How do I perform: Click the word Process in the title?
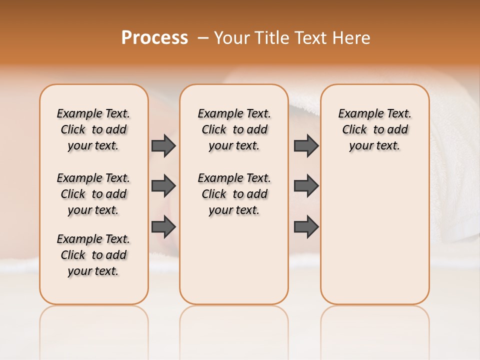[154, 37]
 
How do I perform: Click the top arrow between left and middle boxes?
[163, 145]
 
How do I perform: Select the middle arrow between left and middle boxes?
[163, 186]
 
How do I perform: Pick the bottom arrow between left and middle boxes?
[163, 226]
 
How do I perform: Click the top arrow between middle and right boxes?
[306, 145]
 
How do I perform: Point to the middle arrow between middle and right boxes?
[306, 186]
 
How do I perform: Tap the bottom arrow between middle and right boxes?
[306, 226]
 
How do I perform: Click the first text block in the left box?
[93, 129]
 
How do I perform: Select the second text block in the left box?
[93, 194]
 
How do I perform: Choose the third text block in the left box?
[93, 255]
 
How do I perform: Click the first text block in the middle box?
[234, 129]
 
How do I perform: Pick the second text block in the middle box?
[234, 194]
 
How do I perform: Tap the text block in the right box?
[374, 129]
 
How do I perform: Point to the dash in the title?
[203, 37]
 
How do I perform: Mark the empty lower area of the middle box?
[234, 260]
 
